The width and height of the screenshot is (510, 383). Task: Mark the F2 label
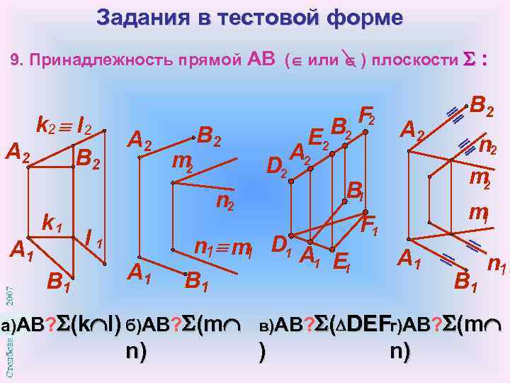(x=368, y=113)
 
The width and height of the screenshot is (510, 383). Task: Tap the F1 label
(x=369, y=226)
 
